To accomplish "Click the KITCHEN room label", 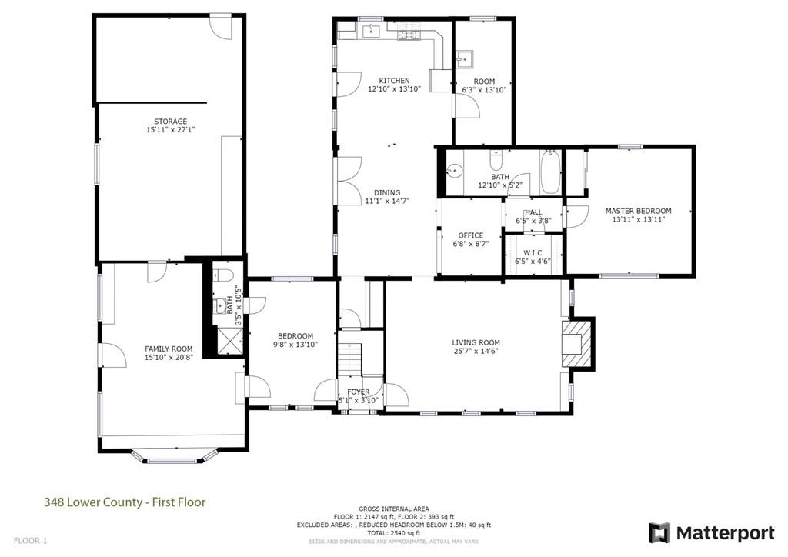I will (394, 81).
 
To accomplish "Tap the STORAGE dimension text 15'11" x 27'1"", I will (170, 131).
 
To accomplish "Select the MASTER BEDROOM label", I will (638, 211).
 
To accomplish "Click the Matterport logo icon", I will (659, 532).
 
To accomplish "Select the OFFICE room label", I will (470, 235).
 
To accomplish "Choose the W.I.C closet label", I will (533, 252).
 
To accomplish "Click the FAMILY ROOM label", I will (169, 349).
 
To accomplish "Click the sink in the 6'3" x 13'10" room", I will (466, 59).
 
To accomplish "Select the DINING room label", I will (387, 193).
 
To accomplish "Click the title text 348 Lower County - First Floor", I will (124, 502).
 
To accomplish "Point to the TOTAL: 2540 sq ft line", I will (393, 533).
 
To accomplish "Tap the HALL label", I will (533, 212).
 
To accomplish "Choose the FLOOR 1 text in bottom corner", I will (30, 541).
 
